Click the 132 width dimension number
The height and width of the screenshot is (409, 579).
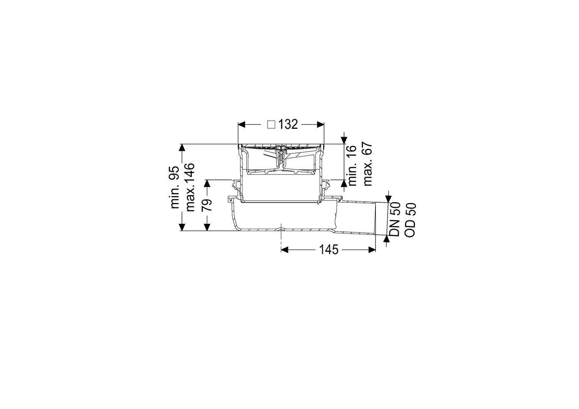[288, 125]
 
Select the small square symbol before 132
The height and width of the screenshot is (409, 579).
[271, 125]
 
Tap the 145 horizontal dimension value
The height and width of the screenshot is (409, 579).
[329, 250]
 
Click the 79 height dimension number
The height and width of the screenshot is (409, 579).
[207, 205]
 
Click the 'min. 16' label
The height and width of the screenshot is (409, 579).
[352, 165]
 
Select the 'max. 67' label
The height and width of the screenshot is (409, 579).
[368, 164]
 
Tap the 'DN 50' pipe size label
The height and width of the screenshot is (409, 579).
[395, 219]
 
